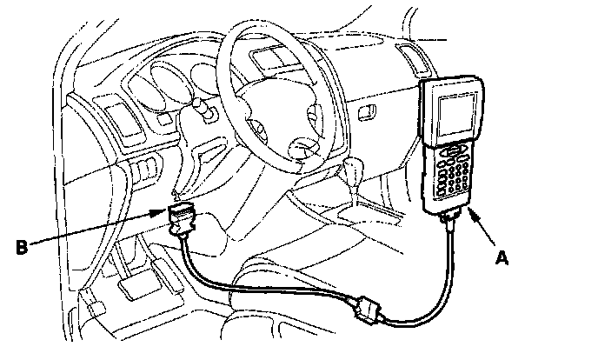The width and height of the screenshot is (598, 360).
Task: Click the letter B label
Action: (22, 246)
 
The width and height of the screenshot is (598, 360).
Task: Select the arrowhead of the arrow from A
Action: (469, 210)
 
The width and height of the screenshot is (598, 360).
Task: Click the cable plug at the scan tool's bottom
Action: (452, 220)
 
